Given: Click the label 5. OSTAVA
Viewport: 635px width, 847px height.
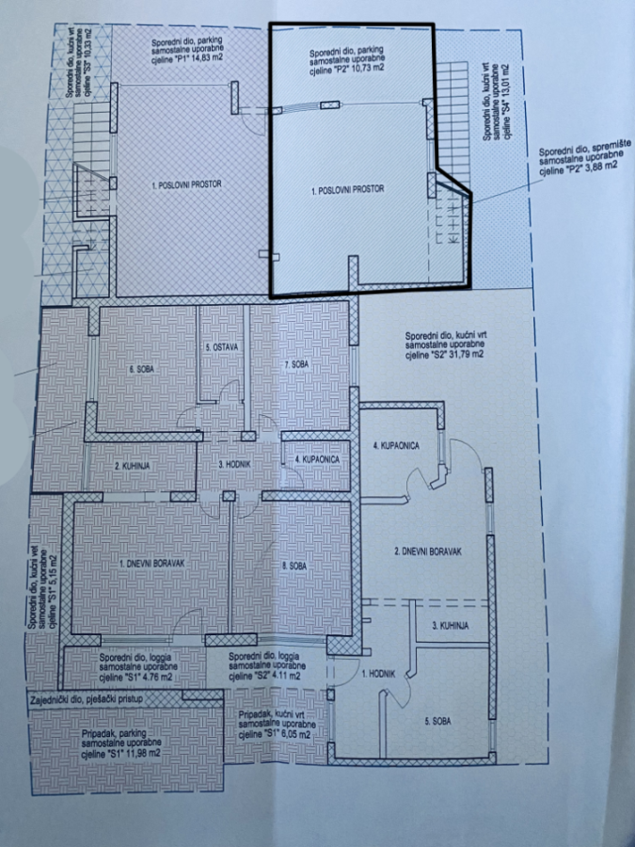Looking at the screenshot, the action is pos(219,346).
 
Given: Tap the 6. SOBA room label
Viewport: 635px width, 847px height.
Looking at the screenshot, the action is pos(143,370).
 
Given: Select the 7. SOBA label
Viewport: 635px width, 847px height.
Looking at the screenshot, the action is pos(296,364).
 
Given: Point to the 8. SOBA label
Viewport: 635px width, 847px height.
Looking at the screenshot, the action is pos(294,567).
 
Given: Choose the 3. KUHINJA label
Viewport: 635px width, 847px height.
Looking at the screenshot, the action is pos(451,626).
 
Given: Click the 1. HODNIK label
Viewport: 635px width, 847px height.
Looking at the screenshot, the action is pos(379,674).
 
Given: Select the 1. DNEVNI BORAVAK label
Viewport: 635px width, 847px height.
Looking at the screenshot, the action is pos(152,563).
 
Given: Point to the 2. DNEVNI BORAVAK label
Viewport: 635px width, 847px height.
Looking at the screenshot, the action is pos(429,551).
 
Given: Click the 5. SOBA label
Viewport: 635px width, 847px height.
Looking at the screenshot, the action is pos(437,721).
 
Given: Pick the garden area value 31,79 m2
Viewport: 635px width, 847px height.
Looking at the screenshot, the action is pos(467,354).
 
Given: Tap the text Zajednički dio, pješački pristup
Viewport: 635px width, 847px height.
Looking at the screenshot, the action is pos(87,699).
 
